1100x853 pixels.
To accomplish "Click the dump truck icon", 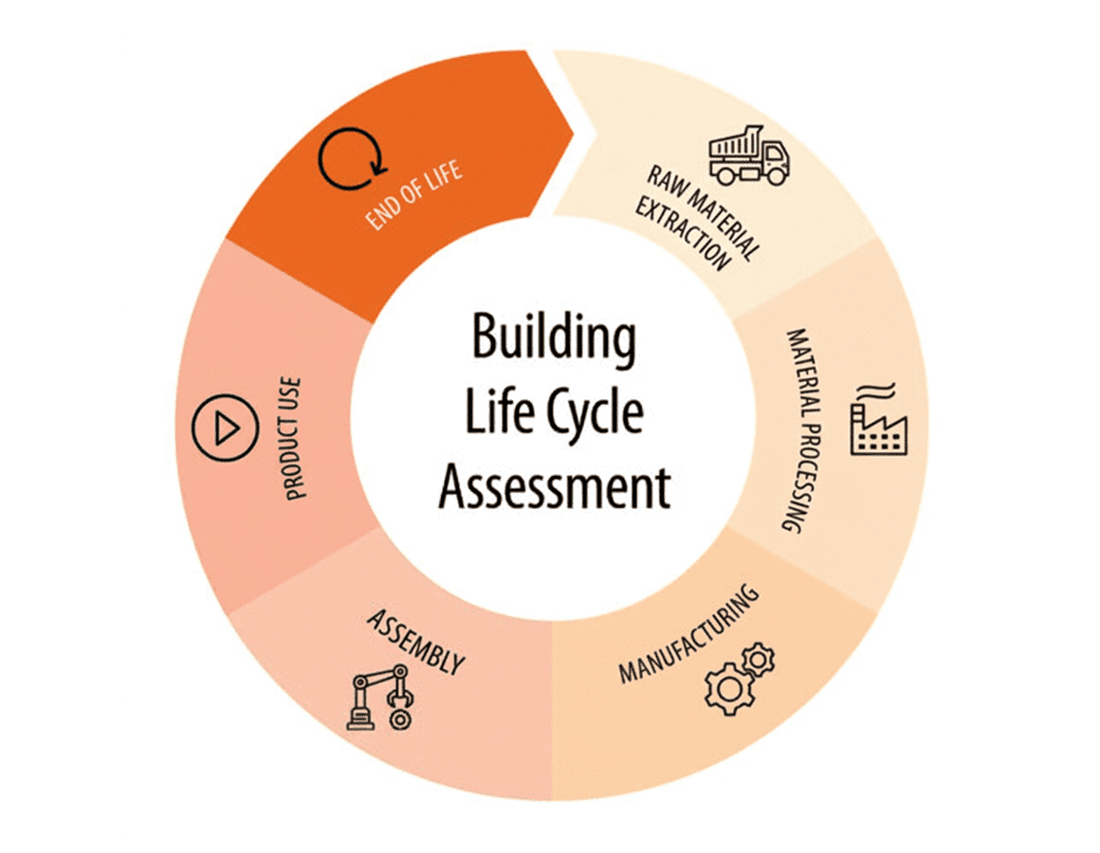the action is point(748,155).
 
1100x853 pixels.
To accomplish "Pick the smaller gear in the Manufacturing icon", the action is point(758,660).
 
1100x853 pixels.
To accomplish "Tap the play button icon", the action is point(225,427).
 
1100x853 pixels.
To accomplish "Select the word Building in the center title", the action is point(554,337).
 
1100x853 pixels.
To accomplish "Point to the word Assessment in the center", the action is point(554,486).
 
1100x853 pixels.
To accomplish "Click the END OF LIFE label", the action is point(413,194).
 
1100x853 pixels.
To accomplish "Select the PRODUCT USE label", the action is point(292,439).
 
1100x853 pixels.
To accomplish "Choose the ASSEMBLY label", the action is point(416,642).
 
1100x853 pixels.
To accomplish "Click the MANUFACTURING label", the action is point(688,634).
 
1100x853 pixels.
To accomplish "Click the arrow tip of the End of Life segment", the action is point(573,131).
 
